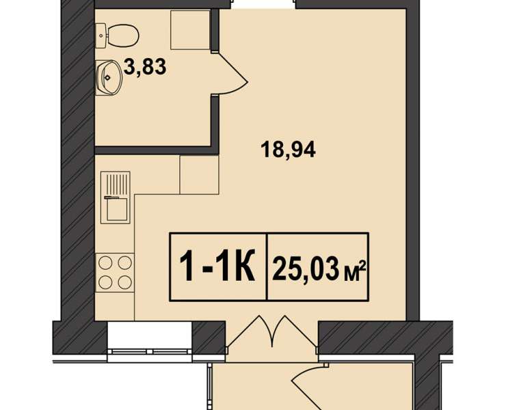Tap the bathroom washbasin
(x=109, y=77)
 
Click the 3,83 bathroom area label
(x=145, y=67)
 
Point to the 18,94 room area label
(x=288, y=150)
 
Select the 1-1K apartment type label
(x=217, y=266)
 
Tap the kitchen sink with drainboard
(x=115, y=197)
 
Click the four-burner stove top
(x=115, y=273)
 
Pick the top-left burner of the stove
(x=105, y=262)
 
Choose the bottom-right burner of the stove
(x=125, y=283)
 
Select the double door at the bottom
(x=272, y=332)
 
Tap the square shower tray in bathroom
(x=190, y=29)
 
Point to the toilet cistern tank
(x=101, y=35)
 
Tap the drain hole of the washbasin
(x=107, y=77)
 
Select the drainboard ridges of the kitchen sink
(x=116, y=184)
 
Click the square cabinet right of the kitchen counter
(x=199, y=174)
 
